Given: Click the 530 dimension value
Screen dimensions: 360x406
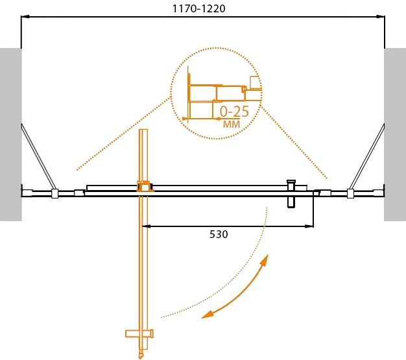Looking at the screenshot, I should point(219,234).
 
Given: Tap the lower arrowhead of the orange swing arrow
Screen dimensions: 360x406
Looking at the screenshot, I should point(206,315).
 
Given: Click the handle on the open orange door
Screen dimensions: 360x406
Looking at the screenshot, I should point(141,334).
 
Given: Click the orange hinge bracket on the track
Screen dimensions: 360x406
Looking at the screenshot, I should point(143,187).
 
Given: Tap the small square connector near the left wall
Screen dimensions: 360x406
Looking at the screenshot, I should point(55,193).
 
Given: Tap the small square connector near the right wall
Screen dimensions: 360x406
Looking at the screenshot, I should point(350,193).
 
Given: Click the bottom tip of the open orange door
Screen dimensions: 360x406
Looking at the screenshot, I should point(142,355).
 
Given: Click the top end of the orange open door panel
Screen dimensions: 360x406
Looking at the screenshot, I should point(144,132).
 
